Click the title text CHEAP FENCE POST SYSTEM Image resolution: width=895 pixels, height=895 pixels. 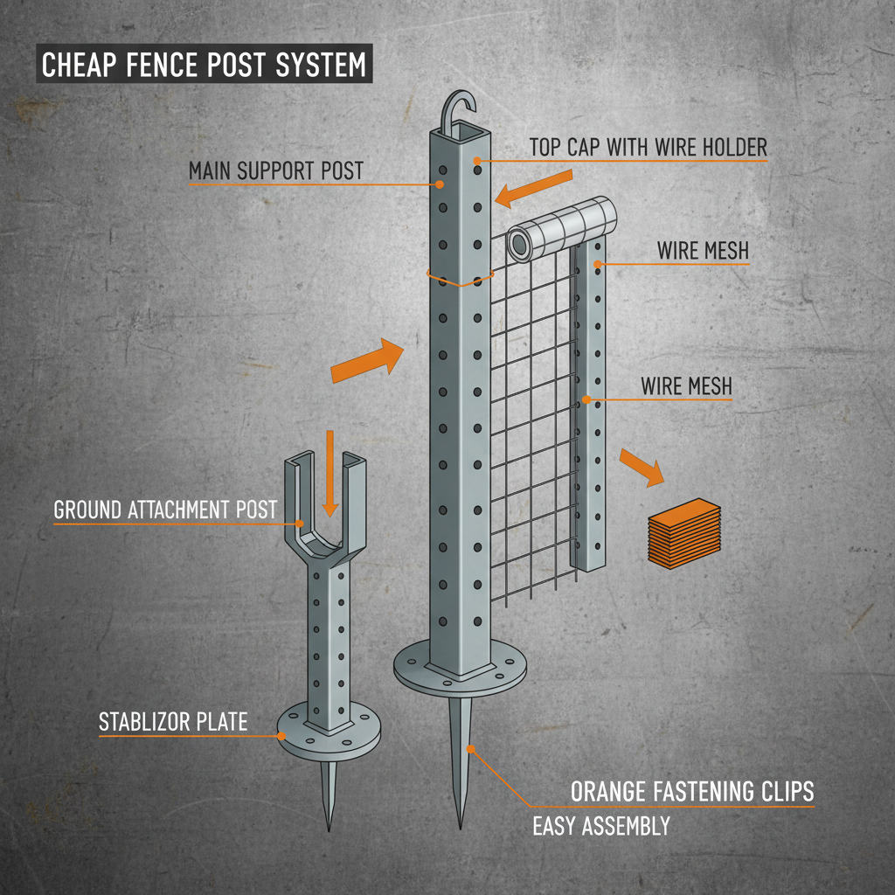click(x=204, y=66)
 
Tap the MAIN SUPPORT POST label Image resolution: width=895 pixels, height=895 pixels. click(x=275, y=170)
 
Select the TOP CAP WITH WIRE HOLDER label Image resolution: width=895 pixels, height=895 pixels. click(x=648, y=147)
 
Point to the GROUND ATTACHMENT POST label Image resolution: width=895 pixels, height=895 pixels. click(x=165, y=510)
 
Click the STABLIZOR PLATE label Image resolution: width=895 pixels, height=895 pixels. click(x=173, y=722)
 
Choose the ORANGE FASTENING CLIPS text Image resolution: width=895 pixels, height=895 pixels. click(x=692, y=792)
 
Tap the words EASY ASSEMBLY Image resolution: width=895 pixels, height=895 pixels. click(x=601, y=825)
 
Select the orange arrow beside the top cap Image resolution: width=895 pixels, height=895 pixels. click(x=534, y=188)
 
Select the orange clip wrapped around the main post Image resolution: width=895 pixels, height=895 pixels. click(x=460, y=279)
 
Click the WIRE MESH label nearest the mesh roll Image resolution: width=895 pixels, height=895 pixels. click(x=703, y=251)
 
